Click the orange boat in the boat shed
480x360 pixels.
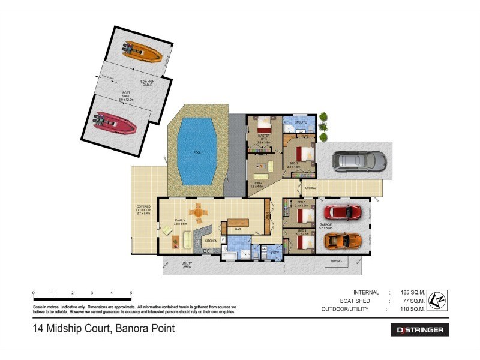142,53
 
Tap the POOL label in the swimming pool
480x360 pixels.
197,152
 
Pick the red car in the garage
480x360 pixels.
343,212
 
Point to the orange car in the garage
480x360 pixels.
343,240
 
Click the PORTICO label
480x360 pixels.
310,187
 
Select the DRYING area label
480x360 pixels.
336,261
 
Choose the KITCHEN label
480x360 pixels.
211,241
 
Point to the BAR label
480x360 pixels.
238,229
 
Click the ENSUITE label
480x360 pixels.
300,122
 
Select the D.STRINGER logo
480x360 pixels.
419,329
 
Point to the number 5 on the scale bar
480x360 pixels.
131,293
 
